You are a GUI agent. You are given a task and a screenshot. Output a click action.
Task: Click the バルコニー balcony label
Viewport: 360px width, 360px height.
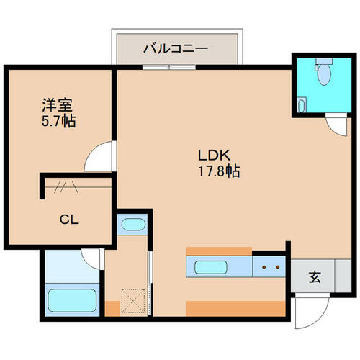coord(176,49)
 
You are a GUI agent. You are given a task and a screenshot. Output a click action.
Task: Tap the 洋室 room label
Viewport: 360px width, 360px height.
coord(57,105)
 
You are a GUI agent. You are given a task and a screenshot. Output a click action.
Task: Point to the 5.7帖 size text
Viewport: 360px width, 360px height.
coord(59,121)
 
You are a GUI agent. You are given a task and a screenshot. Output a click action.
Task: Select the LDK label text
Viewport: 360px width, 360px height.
coord(214,156)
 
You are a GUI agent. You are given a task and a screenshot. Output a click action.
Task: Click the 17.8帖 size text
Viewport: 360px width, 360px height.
coord(219,171)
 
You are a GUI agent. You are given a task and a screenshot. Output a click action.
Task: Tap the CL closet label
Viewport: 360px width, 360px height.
coord(69,220)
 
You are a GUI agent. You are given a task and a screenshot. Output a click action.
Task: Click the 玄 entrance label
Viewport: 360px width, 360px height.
coord(315,277)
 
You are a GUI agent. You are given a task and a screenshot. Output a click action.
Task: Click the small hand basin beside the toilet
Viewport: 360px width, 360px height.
coord(302,105)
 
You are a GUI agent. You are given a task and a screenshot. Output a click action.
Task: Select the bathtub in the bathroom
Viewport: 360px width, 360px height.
coord(72,300)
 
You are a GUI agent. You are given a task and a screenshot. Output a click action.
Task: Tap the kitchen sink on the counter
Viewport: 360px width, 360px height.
coord(211,267)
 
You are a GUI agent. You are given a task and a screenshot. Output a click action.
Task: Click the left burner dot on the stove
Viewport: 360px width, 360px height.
coord(264,267)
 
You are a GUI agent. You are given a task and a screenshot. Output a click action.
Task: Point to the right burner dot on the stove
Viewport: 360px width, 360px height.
coord(278,267)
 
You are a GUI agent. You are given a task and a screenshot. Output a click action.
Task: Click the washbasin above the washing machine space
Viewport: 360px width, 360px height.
coord(133,225)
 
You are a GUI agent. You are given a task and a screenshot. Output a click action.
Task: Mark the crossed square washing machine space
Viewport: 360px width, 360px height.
coord(133,301)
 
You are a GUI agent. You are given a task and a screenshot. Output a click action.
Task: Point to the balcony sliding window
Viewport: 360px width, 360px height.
coord(169,67)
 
